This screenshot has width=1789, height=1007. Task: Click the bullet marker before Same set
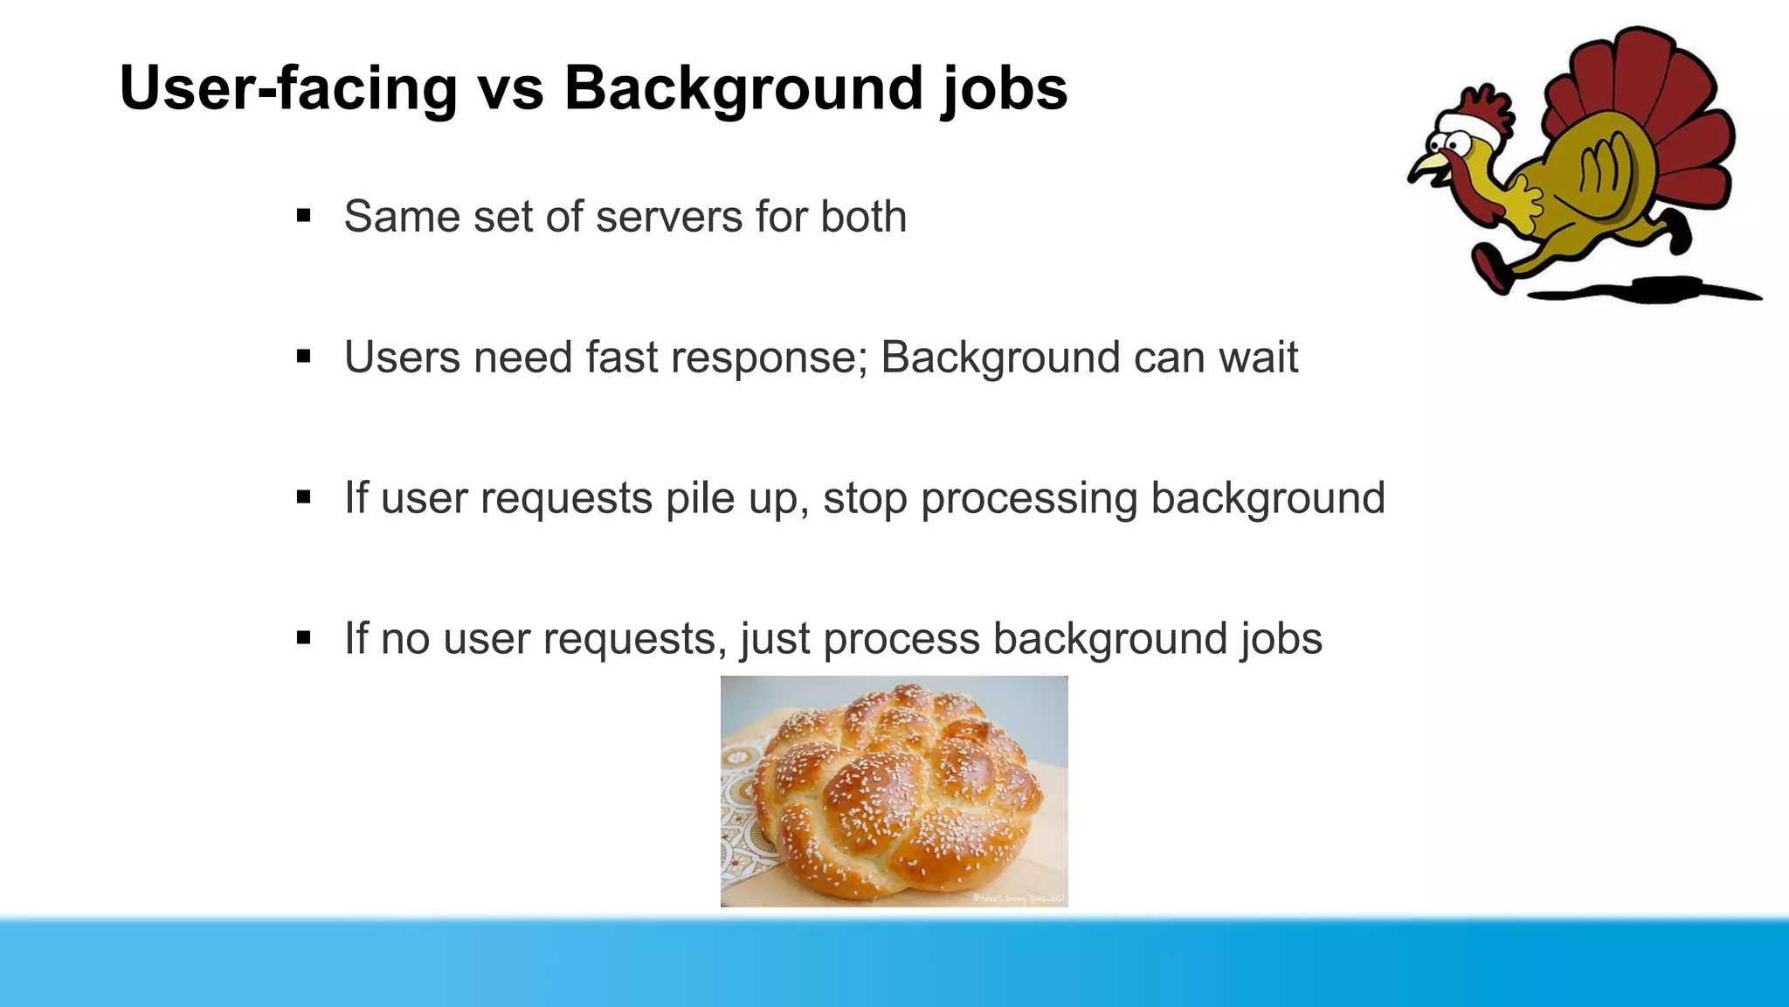pyautogui.click(x=304, y=216)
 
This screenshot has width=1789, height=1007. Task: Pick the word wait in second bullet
pyautogui.click(x=1258, y=357)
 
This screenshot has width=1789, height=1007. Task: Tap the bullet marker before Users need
pyautogui.click(x=304, y=357)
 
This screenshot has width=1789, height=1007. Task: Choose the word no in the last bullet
pyautogui.click(x=405, y=639)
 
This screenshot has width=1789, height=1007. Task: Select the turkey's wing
pyautogui.click(x=1603, y=170)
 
